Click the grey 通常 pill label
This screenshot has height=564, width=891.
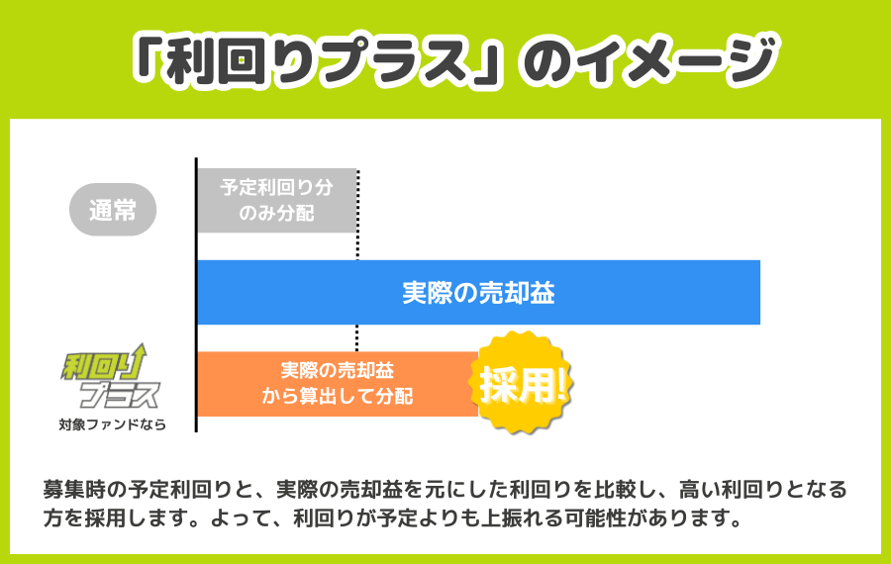113,210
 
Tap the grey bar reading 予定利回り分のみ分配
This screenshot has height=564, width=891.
276,200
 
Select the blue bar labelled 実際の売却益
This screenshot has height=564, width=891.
478,293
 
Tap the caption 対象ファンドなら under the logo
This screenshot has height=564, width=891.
112,425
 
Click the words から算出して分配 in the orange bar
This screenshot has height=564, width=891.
337,396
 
